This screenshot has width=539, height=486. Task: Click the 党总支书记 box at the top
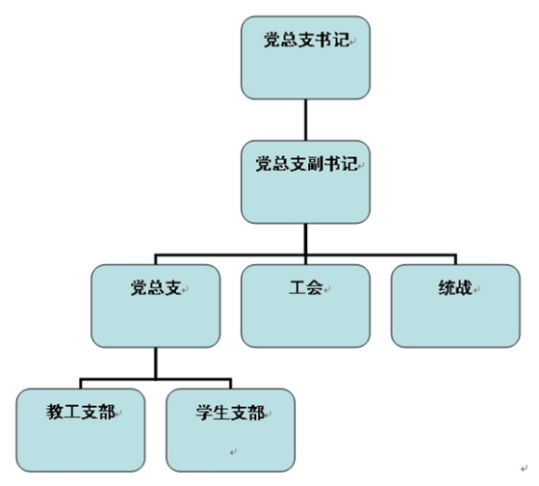(306, 58)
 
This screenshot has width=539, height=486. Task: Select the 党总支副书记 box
(306, 182)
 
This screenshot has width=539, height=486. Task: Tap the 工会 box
(306, 306)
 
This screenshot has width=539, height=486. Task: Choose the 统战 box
(455, 306)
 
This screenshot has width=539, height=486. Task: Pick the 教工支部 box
(81, 430)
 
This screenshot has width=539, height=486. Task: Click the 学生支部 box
(231, 430)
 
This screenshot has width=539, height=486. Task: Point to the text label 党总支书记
(307, 40)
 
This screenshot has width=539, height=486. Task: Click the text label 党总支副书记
(307, 164)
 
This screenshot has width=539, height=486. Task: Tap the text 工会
(306, 287)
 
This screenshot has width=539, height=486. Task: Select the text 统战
(455, 287)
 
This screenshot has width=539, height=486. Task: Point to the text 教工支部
(81, 412)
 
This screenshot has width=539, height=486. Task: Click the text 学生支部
(231, 412)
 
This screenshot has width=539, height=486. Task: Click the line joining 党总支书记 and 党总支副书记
(306, 120)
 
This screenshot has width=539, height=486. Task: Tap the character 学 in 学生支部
(204, 412)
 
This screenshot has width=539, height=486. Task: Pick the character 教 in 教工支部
(55, 412)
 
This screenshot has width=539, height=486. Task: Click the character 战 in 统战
(464, 287)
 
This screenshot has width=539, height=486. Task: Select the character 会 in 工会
(315, 287)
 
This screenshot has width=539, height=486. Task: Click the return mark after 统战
(476, 290)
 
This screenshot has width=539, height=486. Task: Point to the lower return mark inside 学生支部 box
(233, 452)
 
